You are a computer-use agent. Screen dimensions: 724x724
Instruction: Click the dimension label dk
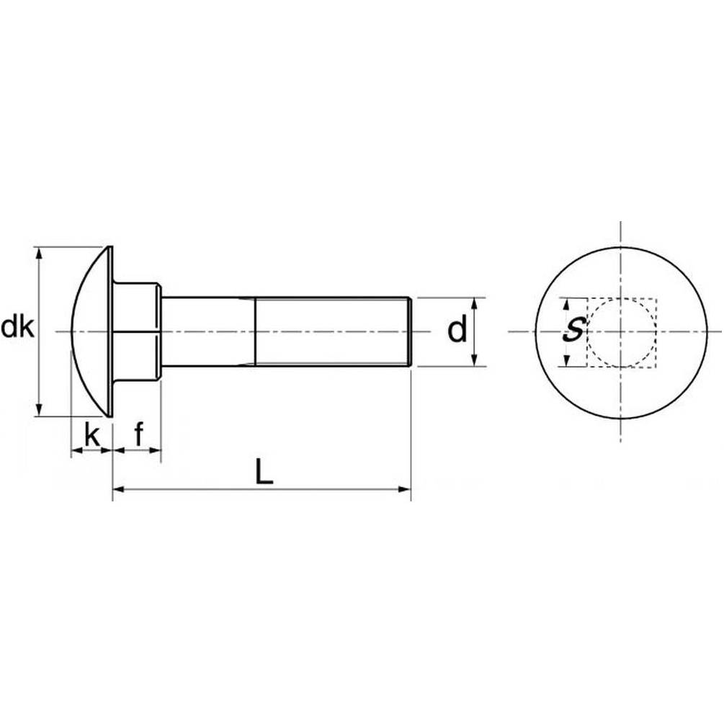coord(17,327)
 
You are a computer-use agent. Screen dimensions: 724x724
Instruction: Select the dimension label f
coord(139,434)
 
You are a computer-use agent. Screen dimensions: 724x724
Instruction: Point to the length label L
coord(264,472)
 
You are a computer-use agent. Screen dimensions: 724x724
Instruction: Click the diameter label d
coord(457,329)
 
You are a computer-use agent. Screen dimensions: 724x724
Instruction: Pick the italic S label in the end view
coord(573,330)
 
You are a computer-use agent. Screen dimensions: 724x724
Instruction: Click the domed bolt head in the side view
coord(92,331)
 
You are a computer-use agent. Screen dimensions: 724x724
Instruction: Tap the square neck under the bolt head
coord(137,331)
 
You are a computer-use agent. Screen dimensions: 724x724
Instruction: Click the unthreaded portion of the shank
coord(208,331)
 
